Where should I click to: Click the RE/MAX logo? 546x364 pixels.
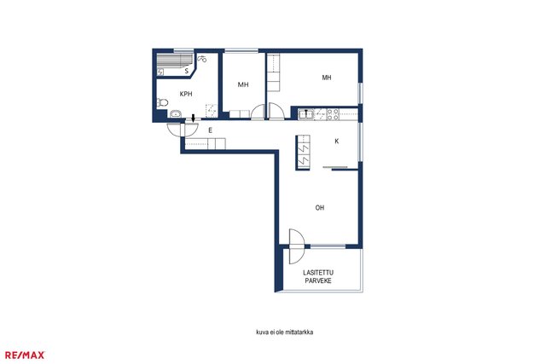[25, 355]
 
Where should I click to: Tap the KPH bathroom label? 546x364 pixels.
[186, 94]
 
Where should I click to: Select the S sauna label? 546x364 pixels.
[187, 71]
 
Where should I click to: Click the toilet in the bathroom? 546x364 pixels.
[162, 102]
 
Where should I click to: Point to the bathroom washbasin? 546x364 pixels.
[176, 113]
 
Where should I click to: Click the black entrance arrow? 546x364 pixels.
[194, 118]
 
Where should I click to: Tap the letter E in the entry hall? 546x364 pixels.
[210, 130]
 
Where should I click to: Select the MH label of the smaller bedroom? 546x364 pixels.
[243, 84]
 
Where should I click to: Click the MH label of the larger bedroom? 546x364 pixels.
[327, 78]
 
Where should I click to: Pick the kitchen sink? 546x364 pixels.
[306, 114]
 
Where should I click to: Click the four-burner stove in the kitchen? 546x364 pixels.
[333, 114]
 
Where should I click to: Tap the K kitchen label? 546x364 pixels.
[337, 142]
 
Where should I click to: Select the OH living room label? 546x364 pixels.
[320, 208]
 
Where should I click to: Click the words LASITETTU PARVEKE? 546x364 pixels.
[318, 277]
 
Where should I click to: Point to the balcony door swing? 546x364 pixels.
[297, 246]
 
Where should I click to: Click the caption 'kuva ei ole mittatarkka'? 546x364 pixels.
[284, 332]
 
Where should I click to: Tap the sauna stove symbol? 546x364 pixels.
[160, 72]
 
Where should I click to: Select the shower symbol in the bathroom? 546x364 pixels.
[202, 59]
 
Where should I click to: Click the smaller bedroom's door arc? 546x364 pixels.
[258, 112]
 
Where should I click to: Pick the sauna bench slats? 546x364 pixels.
[174, 60]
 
